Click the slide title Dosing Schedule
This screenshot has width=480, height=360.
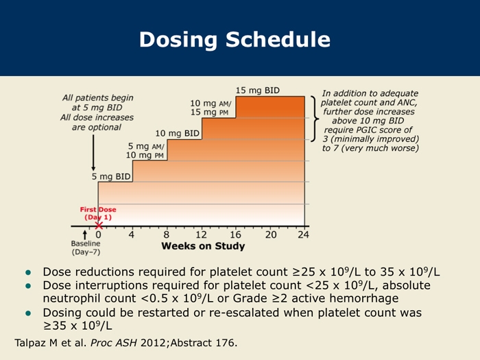click(x=234, y=40)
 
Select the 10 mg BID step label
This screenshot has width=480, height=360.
click(x=177, y=133)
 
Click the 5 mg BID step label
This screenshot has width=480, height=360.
click(x=112, y=177)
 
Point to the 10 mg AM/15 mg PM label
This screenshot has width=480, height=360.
click(x=210, y=108)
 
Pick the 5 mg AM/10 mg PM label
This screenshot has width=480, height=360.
click(x=146, y=151)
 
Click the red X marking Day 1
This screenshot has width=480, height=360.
click(x=99, y=226)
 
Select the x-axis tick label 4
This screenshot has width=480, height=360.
click(x=132, y=235)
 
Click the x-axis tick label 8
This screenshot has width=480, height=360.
click(x=167, y=235)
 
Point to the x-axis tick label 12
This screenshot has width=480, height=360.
click(x=201, y=235)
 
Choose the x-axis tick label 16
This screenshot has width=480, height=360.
click(x=235, y=235)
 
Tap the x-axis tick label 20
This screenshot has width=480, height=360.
click(x=270, y=235)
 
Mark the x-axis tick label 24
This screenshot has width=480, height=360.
click(x=304, y=235)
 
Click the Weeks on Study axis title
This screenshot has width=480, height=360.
click(x=202, y=246)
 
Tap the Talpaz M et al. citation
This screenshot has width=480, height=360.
click(x=127, y=341)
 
